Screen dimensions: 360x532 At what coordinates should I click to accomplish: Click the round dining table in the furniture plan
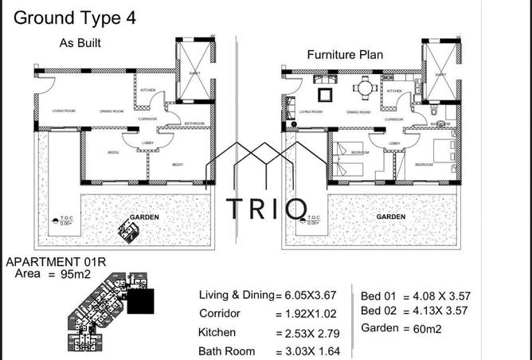pos(365,88)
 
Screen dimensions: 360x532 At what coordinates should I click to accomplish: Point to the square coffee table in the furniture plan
pos(326,96)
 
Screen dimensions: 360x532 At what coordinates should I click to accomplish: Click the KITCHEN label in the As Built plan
pos(147,90)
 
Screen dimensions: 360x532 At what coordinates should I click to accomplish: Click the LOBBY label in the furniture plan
pos(394,143)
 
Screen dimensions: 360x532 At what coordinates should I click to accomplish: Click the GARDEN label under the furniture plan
pos(392,216)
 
